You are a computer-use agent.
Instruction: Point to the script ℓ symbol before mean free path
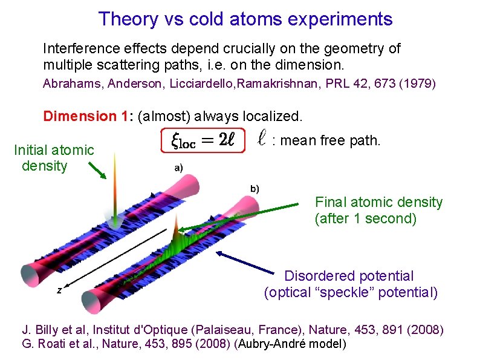[261, 140]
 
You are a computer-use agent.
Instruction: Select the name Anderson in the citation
[132, 83]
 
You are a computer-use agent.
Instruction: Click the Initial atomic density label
[54, 157]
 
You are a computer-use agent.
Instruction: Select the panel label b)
[255, 188]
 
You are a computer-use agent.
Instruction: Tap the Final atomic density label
[378, 202]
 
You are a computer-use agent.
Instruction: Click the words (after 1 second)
[365, 218]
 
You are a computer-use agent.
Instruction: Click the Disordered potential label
[349, 276]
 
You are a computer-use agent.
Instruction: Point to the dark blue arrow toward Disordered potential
[248, 263]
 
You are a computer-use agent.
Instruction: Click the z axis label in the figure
[59, 290]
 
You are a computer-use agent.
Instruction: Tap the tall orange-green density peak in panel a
[114, 182]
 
